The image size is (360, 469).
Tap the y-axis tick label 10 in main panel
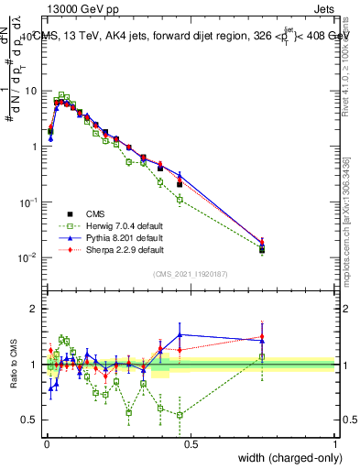click(31, 91)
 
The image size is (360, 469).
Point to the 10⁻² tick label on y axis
click(29, 256)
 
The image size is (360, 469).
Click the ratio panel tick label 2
click(34, 309)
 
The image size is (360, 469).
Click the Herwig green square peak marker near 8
click(61, 94)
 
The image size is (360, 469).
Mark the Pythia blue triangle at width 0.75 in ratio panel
click(262, 340)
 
